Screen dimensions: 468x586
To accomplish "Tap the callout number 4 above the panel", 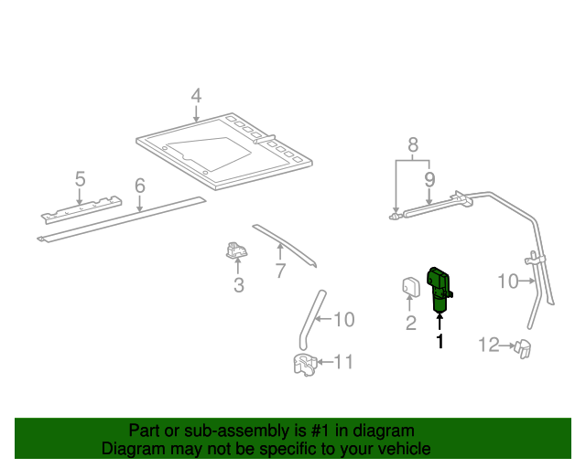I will pos(196,96).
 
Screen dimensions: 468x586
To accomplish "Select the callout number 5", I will pos(80,178).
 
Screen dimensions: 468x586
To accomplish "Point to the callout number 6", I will pos(139,186).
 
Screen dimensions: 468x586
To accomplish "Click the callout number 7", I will pos(280,271).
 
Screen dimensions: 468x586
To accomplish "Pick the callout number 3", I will pos(238,285).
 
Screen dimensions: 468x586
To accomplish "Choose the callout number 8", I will pos(413,144).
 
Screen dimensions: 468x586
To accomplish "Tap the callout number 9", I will pos(429,180).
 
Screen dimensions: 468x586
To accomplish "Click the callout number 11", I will pos(342,363).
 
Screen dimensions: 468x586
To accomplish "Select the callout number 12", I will pos(489,345).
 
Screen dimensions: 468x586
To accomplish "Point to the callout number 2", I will pos(411,322).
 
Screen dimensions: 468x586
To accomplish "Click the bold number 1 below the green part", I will pos(439,341).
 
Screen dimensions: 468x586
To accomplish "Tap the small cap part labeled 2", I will pos(410,289).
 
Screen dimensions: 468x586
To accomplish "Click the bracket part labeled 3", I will pos(237,250).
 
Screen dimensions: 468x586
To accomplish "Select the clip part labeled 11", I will pos(303,365).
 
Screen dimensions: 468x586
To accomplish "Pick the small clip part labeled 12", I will pos(525,346).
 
